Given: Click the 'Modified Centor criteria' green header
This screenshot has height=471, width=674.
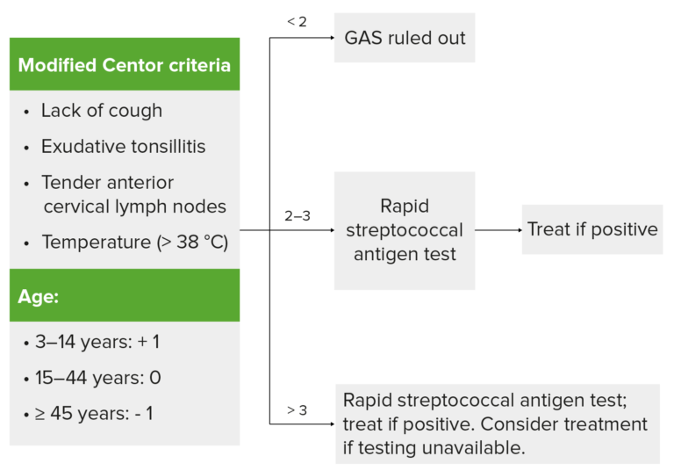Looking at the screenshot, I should coord(124,65).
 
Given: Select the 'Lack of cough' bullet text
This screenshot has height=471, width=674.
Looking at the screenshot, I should coord(101,111).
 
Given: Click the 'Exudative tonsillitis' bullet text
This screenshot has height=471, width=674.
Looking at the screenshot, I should coord(123,146).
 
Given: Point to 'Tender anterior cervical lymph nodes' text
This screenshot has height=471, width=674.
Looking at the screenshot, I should coord(133,195).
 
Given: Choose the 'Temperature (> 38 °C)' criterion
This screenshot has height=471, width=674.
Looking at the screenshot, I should coord(134,242).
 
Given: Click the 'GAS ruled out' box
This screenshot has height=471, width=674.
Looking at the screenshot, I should coord(405,38).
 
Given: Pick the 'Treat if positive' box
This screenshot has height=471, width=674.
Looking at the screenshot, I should coord(592,229).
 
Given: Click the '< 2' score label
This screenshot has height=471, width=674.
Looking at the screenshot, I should coord(297,21).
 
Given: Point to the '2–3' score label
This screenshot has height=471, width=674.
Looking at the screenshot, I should coord(297,215).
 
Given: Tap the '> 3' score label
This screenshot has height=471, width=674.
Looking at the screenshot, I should coord(297,409).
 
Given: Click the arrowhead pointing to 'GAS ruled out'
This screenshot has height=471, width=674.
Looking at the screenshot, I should coord(330,38).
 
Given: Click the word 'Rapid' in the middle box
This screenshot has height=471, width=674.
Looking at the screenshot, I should coord(404,207).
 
